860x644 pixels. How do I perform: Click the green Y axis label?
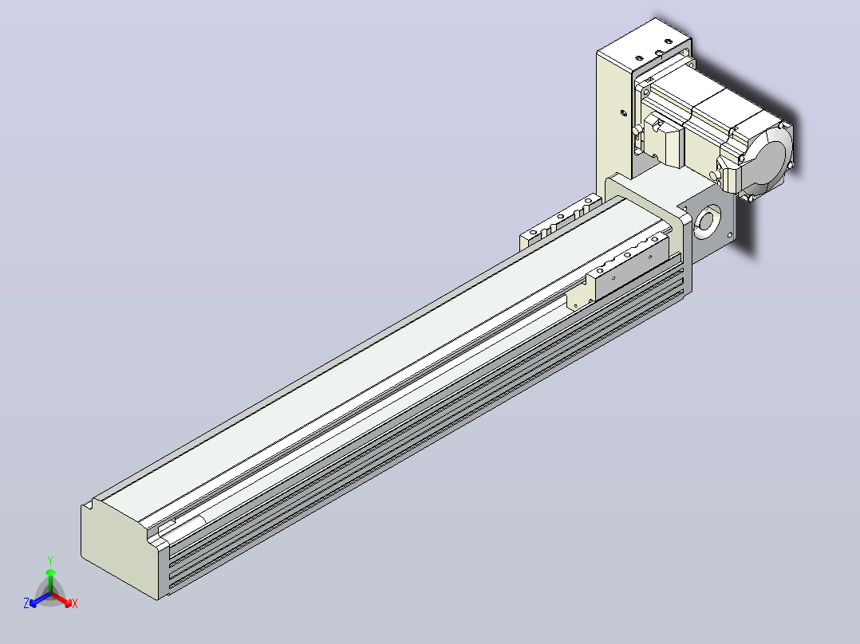(x=50, y=560)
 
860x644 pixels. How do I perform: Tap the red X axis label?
(x=75, y=603)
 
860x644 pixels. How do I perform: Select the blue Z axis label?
(x=26, y=603)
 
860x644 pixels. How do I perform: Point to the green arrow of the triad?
(x=50, y=581)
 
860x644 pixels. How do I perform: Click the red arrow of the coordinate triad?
(x=61, y=599)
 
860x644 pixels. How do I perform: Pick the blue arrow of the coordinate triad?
(x=40, y=599)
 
